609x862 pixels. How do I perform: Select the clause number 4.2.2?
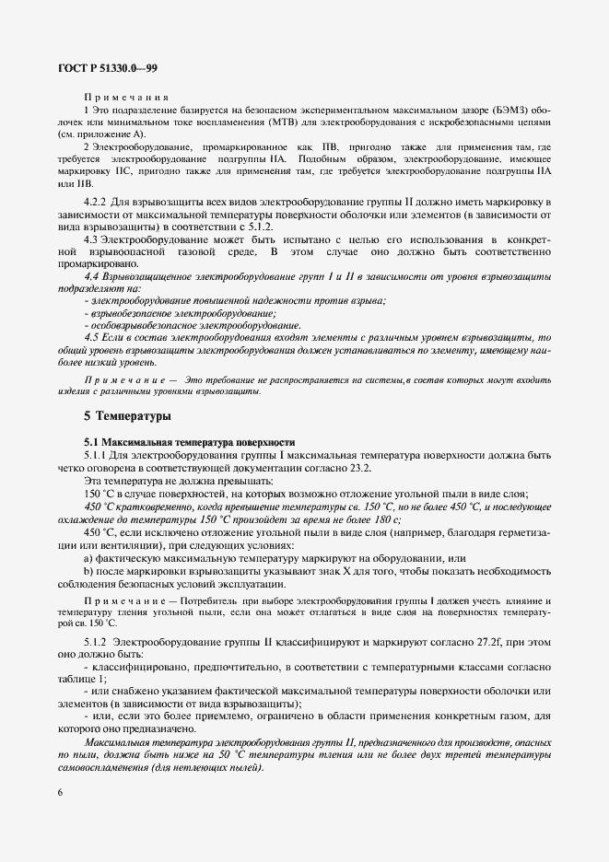(99, 201)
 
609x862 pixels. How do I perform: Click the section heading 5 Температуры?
(128, 416)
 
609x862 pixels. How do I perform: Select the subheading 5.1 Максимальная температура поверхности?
(189, 441)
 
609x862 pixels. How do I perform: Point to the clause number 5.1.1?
(100, 454)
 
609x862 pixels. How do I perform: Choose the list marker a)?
(88, 558)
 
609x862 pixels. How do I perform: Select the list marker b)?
(88, 571)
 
